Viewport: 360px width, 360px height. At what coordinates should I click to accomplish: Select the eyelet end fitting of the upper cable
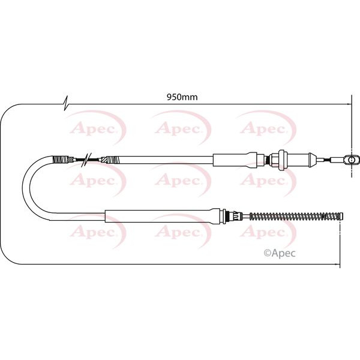pyautogui.click(x=353, y=160)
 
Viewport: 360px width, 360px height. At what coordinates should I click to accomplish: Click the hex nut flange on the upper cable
pyautogui.click(x=277, y=160)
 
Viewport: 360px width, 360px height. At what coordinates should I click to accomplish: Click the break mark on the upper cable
pyautogui.click(x=88, y=160)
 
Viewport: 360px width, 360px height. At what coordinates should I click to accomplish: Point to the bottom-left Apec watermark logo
pyautogui.click(x=90, y=231)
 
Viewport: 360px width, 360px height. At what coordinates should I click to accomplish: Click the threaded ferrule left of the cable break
pyautogui.click(x=62, y=160)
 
